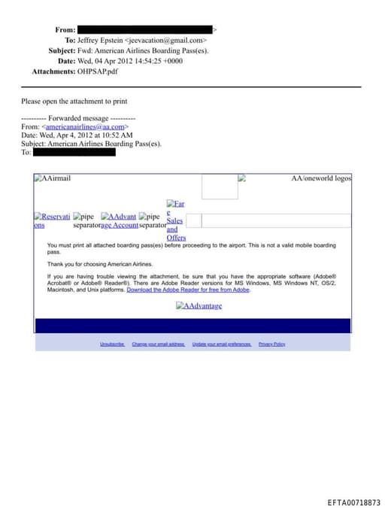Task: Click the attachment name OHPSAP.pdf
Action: pos(98,71)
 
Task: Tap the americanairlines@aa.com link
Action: pos(83,127)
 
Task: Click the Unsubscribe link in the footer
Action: pos(112,344)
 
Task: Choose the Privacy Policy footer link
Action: pos(271,344)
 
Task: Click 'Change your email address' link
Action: pos(158,344)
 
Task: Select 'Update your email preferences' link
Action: pos(222,344)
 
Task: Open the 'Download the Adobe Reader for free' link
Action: pos(188,290)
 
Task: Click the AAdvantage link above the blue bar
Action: pos(199,306)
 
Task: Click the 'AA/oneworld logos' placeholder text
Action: pos(321,178)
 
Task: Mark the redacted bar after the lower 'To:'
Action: pos(75,152)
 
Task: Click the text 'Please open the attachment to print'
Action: pos(74,101)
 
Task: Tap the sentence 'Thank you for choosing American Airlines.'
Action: pos(100,264)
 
